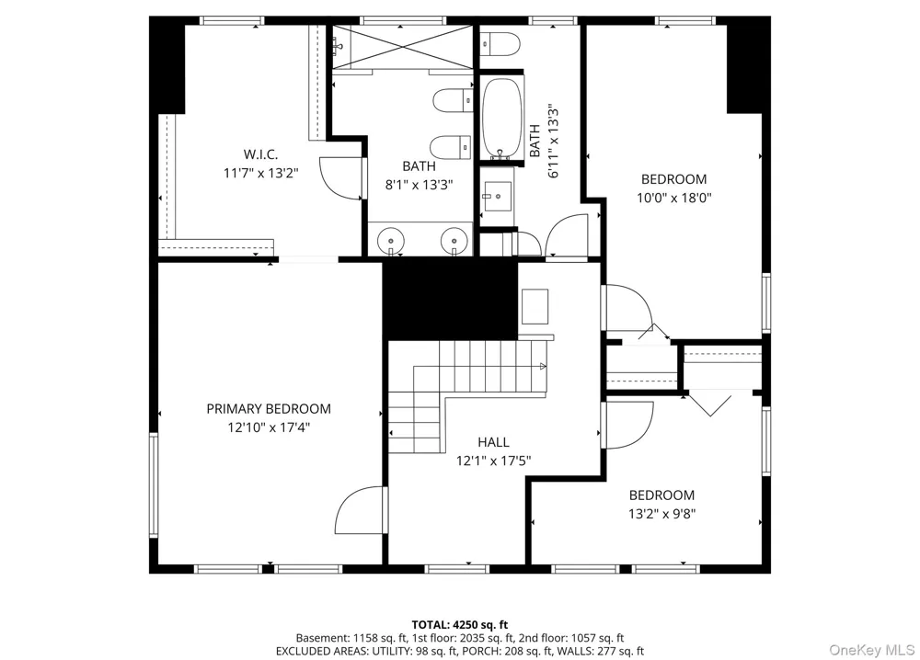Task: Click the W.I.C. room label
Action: coord(260,154)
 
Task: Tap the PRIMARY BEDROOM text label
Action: coord(269,408)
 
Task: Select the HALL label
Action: coord(493,442)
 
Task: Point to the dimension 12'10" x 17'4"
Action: coord(269,427)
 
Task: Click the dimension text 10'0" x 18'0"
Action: coord(674,198)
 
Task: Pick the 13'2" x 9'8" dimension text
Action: coord(661,514)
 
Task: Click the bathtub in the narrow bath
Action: coord(501,118)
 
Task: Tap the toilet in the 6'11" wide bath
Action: coord(500,44)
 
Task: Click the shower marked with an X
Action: coord(403,47)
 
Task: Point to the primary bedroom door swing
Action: coord(359,510)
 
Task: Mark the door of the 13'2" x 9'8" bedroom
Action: coord(627,425)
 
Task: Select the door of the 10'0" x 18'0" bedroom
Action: coord(627,308)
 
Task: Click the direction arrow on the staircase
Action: coord(543,367)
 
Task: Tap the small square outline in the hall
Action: coord(535,306)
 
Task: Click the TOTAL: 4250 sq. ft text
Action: coord(459,625)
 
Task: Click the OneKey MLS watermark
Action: coord(872,650)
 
